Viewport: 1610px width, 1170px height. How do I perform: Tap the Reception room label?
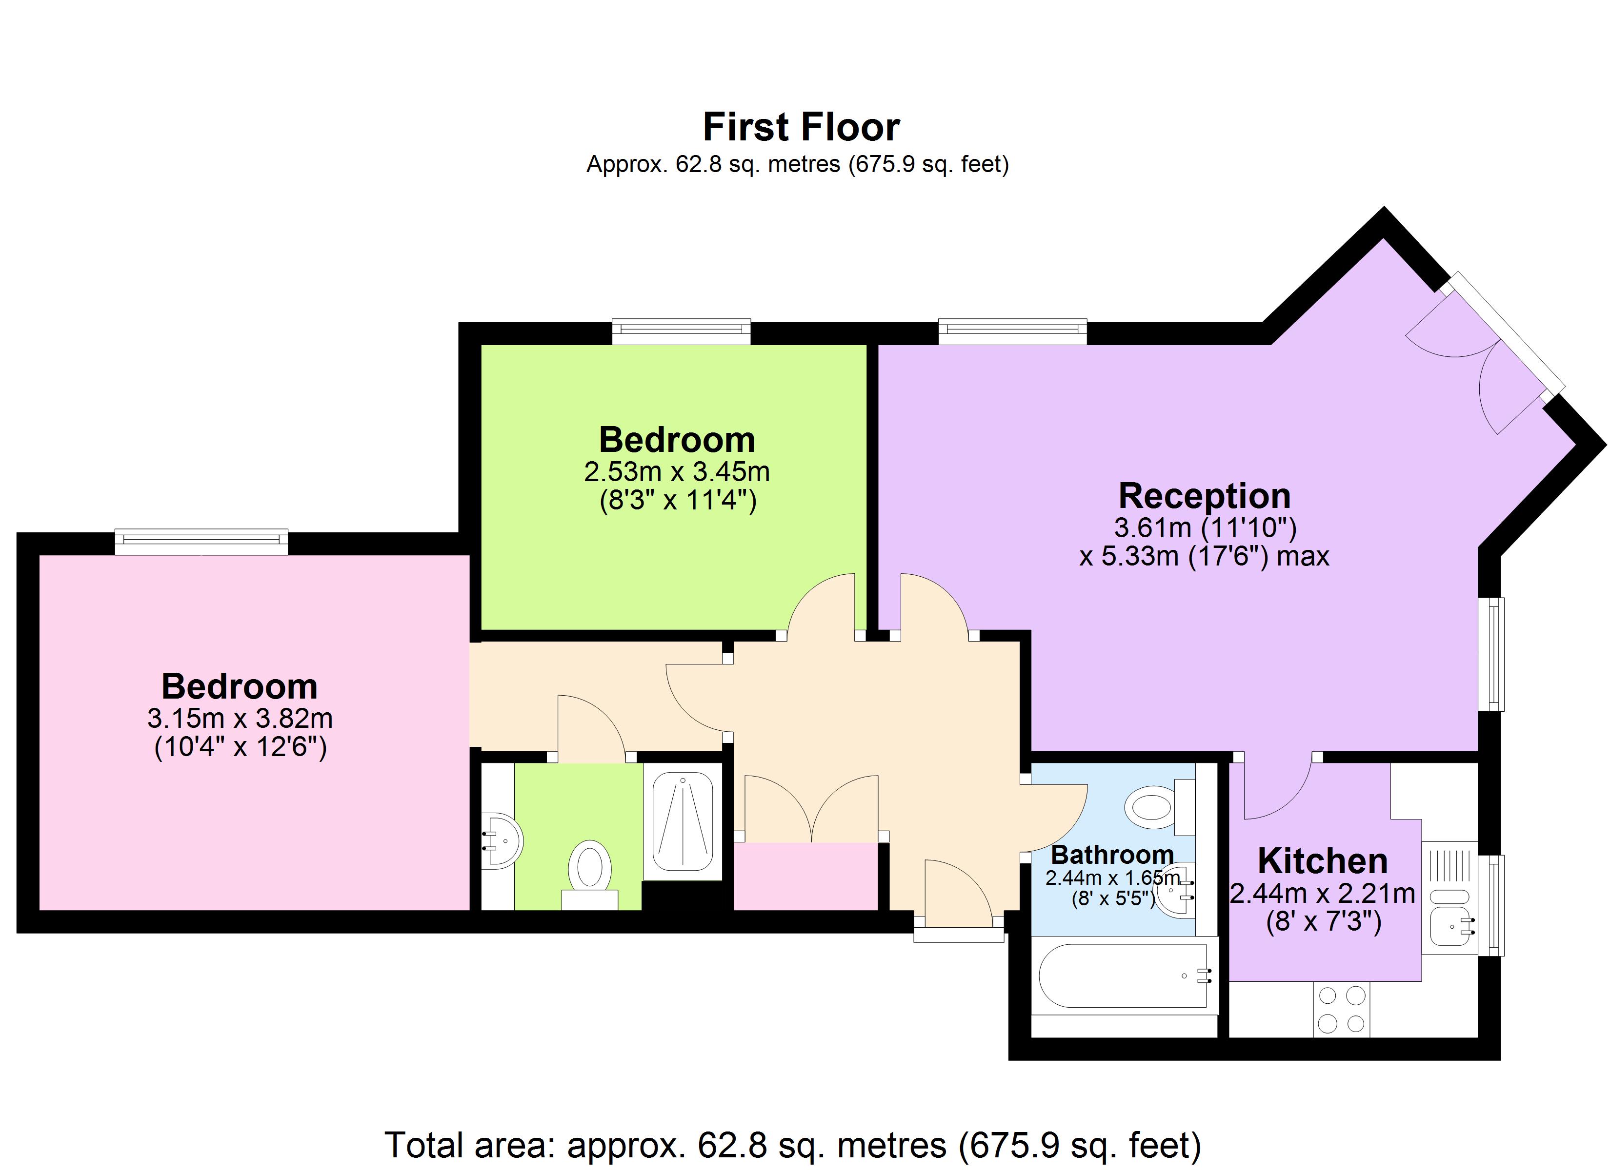[x=1204, y=496]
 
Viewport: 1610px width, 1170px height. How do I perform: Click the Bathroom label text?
[x=1112, y=855]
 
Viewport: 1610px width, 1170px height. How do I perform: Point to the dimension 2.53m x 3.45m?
[x=677, y=472]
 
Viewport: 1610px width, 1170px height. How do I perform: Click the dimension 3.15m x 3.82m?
[x=240, y=719]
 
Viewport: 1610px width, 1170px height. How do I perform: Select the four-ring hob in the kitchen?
[x=1341, y=1009]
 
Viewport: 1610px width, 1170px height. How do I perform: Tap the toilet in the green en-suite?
[x=589, y=869]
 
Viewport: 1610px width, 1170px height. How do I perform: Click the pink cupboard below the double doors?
[x=805, y=876]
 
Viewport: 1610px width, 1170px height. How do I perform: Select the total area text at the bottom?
[x=793, y=1145]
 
